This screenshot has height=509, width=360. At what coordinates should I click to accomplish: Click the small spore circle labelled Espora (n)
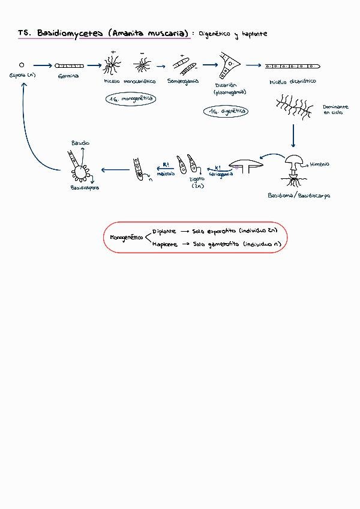[x=22, y=65]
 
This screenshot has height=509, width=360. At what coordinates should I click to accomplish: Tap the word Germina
[x=69, y=76]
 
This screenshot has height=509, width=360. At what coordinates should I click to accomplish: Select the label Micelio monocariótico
[x=130, y=81]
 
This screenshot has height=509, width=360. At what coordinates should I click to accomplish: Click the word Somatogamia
[x=183, y=80]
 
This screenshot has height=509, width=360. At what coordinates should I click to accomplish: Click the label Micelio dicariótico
[x=292, y=81]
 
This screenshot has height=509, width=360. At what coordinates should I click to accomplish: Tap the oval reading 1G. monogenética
[x=130, y=98]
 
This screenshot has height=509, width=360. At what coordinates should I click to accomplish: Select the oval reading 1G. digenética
[x=226, y=111]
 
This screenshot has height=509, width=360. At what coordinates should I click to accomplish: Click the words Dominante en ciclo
[x=335, y=109]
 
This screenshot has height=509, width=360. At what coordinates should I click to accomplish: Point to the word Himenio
[x=319, y=164]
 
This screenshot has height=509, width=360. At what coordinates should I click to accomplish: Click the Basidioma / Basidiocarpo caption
[x=299, y=196]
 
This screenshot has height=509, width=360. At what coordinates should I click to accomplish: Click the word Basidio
[x=81, y=143]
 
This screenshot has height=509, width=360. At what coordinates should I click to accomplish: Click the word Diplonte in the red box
[x=164, y=230]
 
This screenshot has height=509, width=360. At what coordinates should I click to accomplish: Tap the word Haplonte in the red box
[x=164, y=244]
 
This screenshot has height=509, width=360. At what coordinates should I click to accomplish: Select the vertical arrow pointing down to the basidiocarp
[x=293, y=136]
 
